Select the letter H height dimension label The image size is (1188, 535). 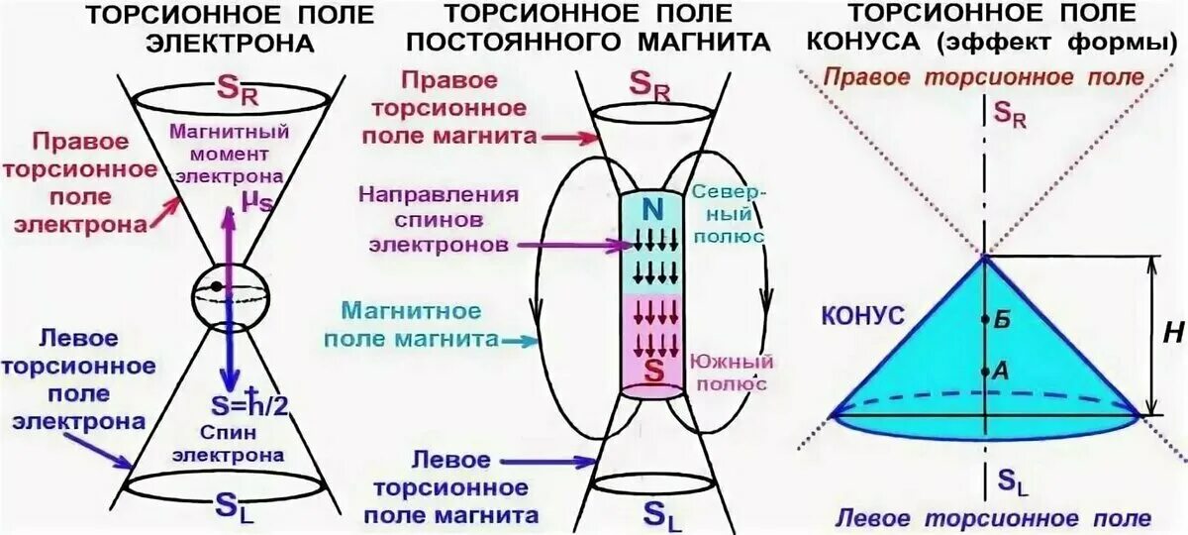[x=1172, y=335]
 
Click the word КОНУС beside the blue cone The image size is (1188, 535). [x=861, y=316]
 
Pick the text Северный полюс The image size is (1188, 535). [x=728, y=212]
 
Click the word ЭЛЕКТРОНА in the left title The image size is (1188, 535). [x=230, y=45]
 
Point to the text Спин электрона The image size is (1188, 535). [x=229, y=443]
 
